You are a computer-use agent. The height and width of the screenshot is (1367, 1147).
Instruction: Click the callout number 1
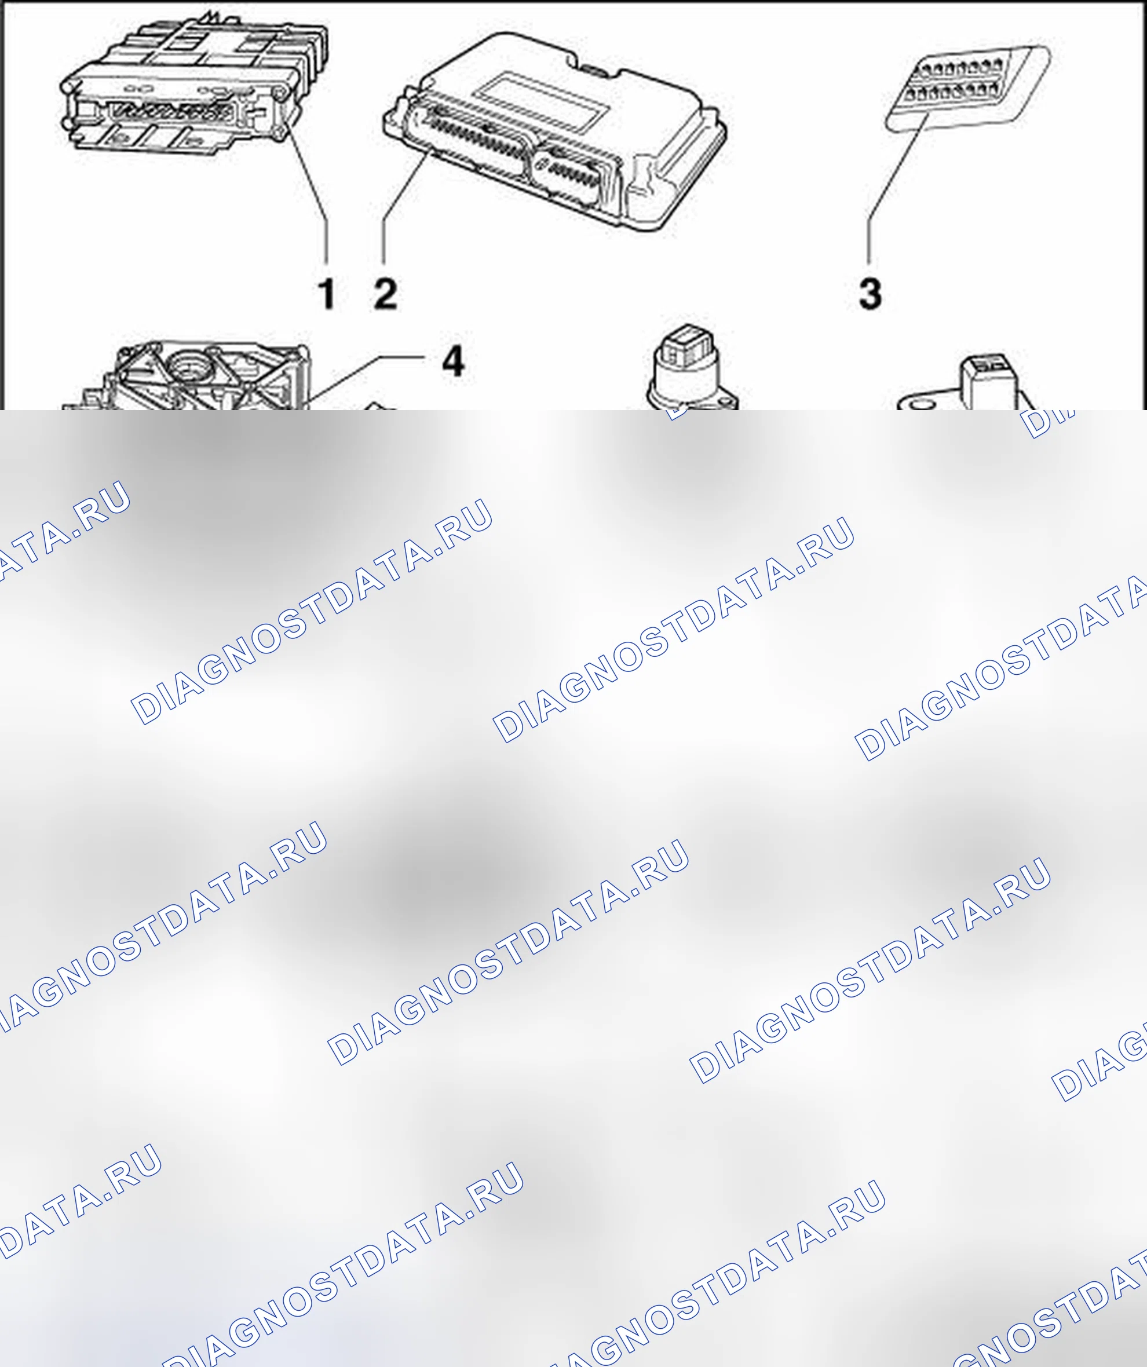327,294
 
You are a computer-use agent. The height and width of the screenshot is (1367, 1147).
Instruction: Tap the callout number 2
385,294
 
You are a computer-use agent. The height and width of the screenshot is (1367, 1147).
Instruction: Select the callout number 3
870,294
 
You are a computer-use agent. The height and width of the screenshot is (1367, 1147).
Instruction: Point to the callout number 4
453,361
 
